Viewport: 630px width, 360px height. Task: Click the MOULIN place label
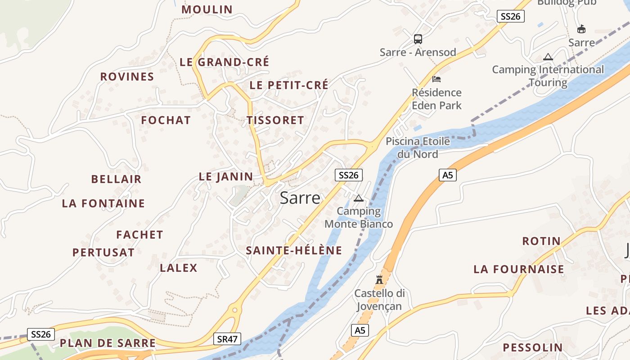pos(207,9)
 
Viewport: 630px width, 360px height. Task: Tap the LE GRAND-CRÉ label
pos(224,62)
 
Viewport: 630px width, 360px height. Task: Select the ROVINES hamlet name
pos(127,77)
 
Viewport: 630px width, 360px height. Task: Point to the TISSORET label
pos(275,120)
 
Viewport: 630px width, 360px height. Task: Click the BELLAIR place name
pos(116,179)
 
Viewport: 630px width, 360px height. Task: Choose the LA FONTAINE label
pos(103,203)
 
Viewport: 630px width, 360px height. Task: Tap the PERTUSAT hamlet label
pos(103,252)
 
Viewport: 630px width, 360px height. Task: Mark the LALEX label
pos(179,268)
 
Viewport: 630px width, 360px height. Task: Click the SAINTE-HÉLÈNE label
pos(294,251)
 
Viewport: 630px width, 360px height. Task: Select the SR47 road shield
pos(228,339)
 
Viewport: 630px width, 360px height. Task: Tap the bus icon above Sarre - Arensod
pos(418,39)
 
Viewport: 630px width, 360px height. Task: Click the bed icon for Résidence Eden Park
pos(436,79)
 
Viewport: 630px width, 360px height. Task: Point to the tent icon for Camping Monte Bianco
pos(359,198)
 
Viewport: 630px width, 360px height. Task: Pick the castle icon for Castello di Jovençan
pos(379,279)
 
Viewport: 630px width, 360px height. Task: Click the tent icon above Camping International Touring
pos(548,57)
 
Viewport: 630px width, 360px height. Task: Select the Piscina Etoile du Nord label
pos(418,148)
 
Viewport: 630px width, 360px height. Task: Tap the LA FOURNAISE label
pos(518,270)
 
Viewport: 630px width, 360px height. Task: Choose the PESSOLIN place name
pos(532,347)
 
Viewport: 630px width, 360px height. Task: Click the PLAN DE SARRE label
pos(108,343)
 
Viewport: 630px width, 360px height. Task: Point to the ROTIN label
pos(541,241)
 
